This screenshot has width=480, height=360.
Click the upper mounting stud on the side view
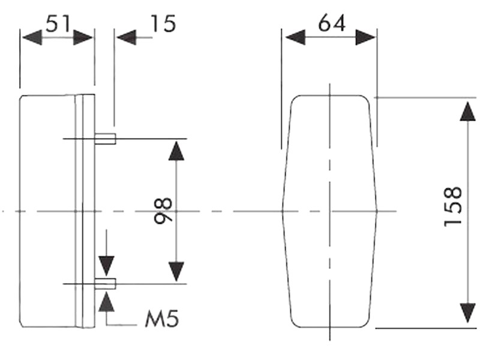point(104,139)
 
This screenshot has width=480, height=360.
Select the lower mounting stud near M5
point(104,283)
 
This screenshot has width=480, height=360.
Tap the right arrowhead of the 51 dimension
point(83,38)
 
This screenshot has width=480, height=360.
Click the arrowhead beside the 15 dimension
point(126,38)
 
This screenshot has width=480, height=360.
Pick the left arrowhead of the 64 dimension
point(295,38)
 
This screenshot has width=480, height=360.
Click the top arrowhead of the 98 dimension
point(176,151)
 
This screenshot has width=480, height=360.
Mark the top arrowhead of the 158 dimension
point(467,112)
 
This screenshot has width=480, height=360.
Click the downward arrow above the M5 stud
point(106,264)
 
